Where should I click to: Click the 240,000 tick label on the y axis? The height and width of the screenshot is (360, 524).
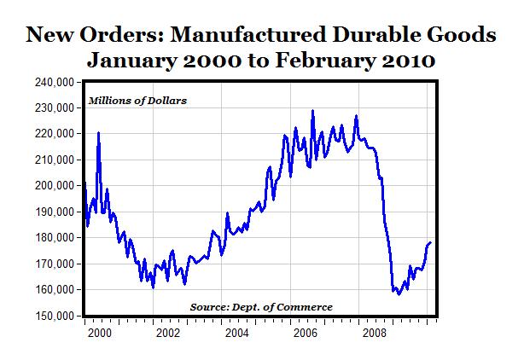pos(52,82)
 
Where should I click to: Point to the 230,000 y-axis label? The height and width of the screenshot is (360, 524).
pos(52,108)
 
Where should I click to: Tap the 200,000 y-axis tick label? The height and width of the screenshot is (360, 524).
pos(52,186)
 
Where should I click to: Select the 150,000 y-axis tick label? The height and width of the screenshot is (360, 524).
pos(52,316)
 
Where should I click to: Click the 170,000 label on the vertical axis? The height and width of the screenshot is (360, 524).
pos(52,264)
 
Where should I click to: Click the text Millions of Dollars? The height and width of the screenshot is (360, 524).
pos(137,102)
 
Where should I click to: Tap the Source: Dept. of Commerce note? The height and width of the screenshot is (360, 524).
pos(260,306)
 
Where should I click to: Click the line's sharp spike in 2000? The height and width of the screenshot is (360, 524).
pos(99,133)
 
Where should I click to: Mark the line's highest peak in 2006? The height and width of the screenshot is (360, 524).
pos(312,111)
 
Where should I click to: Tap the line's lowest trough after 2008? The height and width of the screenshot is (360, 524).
pos(399,294)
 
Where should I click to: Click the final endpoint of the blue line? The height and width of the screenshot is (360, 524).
pos(430,242)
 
